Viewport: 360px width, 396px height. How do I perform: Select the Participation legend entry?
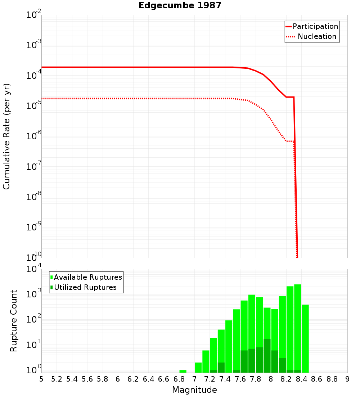pyautogui.click(x=312, y=26)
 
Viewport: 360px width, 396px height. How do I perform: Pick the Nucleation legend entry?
pyautogui.click(x=312, y=37)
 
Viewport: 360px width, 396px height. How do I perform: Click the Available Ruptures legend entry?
pyautogui.click(x=86, y=277)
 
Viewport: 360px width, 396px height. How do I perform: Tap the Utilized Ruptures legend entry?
pyautogui.click(x=84, y=287)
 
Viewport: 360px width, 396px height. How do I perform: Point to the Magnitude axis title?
pyautogui.click(x=194, y=390)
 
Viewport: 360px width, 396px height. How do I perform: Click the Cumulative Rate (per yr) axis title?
pyautogui.click(x=6, y=136)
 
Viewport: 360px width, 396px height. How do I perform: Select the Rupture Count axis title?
pyautogui.click(x=14, y=321)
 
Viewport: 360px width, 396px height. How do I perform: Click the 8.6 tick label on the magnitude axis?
pyautogui.click(x=317, y=379)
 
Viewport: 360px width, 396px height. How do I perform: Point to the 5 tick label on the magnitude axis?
pyautogui.click(x=41, y=379)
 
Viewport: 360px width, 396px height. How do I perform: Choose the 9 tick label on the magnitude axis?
pyautogui.click(x=347, y=379)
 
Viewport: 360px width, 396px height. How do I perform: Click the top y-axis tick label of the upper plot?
pyautogui.click(x=34, y=15)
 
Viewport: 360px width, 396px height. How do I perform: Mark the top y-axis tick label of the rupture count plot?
pyautogui.click(x=34, y=270)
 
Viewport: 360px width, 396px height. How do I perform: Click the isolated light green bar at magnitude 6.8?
pyautogui.click(x=183, y=371)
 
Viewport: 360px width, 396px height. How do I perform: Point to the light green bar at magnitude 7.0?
pyautogui.click(x=198, y=368)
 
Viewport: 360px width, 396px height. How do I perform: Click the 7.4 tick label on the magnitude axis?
pyautogui.click(x=225, y=379)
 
